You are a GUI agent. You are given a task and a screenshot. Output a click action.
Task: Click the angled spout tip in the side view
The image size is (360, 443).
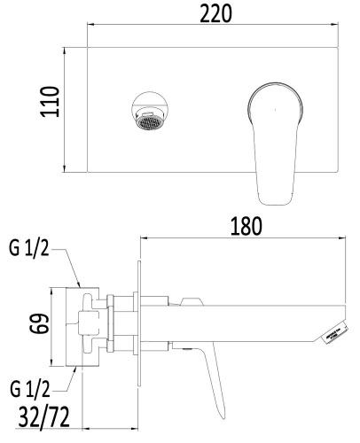click(333, 330)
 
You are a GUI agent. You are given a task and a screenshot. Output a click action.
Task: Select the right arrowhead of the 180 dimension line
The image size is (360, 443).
click(341, 237)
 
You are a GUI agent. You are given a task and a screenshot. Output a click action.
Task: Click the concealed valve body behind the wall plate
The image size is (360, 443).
click(93, 325)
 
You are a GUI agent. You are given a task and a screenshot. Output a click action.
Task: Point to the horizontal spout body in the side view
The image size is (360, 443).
click(239, 323)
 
